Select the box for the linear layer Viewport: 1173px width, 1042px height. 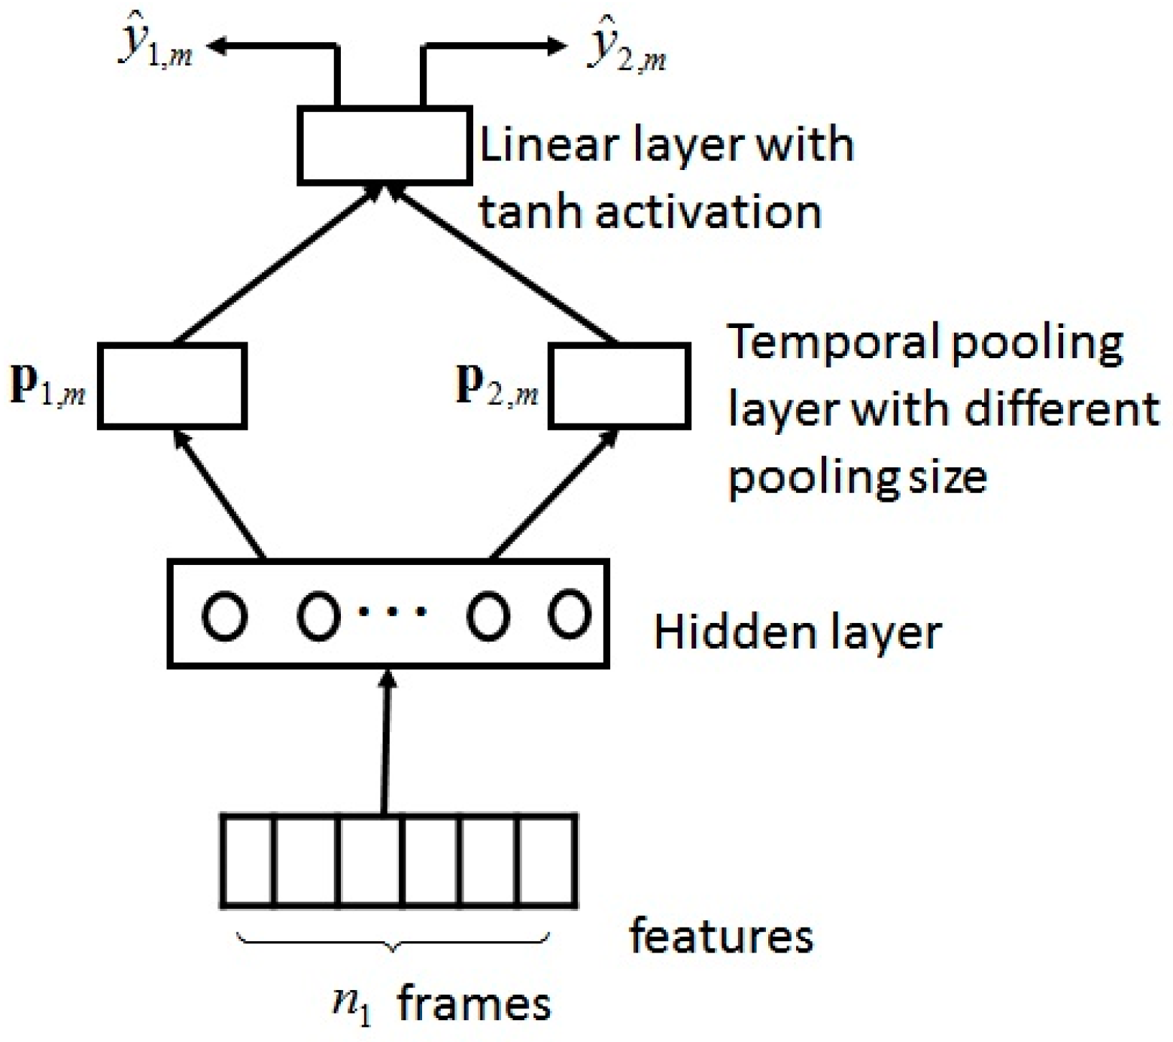pos(384,145)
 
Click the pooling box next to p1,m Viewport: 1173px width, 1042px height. pos(172,386)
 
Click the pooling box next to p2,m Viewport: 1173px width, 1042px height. pos(619,386)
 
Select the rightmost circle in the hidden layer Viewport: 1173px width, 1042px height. pos(569,614)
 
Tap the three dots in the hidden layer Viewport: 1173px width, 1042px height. pos(392,612)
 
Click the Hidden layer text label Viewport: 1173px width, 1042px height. pos(797,632)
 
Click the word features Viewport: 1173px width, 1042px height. pos(721,937)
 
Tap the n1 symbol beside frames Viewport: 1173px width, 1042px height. pos(352,1005)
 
